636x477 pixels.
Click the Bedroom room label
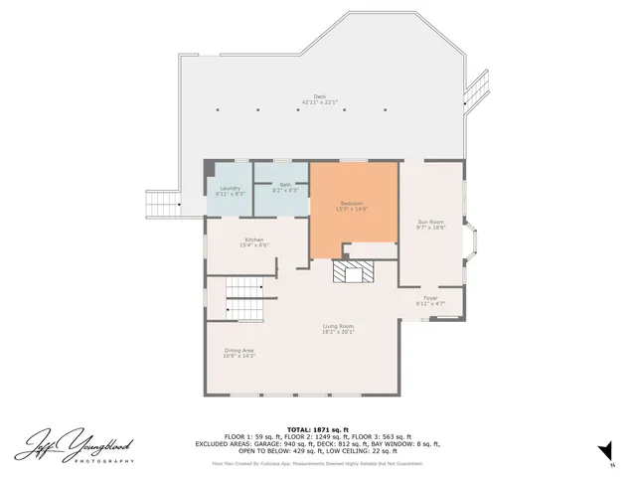tap(354, 204)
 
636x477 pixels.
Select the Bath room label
tap(285, 184)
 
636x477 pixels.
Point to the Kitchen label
tap(255, 239)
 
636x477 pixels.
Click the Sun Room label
tap(430, 222)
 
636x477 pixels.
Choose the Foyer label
tap(430, 297)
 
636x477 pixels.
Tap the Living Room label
tap(338, 326)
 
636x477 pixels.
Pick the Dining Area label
tap(238, 350)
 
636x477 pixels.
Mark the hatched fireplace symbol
tap(352, 272)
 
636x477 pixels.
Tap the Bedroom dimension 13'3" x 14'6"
tap(354, 210)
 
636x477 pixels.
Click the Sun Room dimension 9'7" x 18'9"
tap(430, 228)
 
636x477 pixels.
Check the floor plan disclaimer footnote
tap(317, 463)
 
